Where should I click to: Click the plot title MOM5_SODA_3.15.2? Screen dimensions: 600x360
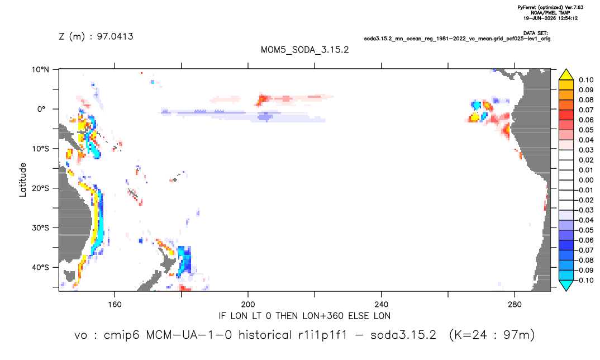point(304,50)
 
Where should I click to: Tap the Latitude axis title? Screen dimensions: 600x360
point(23,180)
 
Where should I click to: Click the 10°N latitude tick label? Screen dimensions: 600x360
point(40,69)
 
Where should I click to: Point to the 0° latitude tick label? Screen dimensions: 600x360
point(41,109)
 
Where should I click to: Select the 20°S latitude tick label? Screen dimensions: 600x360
point(40,188)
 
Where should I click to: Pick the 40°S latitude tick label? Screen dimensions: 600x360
point(40,267)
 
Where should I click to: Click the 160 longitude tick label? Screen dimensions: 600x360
point(115,305)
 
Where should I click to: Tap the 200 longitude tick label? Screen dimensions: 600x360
point(248,305)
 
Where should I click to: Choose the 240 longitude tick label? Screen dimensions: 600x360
point(382,305)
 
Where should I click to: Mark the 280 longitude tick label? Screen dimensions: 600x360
point(515,305)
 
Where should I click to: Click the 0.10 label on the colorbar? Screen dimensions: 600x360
point(586,80)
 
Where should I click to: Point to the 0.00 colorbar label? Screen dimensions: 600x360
point(586,180)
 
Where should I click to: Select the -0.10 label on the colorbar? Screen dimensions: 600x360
point(585,280)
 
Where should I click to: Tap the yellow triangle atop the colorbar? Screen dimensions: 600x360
point(566,75)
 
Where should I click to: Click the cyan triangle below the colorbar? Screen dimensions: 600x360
point(566,285)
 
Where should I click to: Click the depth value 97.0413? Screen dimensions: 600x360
point(115,37)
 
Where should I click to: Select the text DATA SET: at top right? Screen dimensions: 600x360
point(536,34)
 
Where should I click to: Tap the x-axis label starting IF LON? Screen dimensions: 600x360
point(304,316)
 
